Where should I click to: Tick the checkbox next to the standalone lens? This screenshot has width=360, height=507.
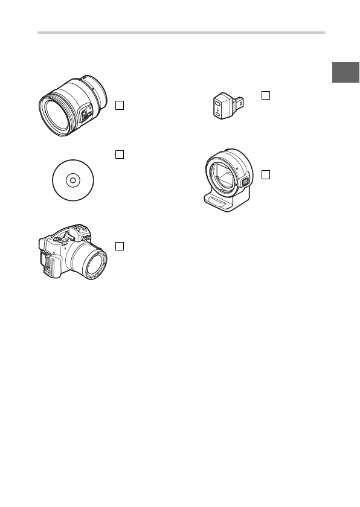click(x=120, y=106)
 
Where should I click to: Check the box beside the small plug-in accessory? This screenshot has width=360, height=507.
click(x=266, y=95)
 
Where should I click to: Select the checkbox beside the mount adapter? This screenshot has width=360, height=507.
click(x=266, y=174)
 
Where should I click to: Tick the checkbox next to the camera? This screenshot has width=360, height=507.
click(x=120, y=246)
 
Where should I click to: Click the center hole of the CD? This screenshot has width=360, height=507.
click(x=71, y=179)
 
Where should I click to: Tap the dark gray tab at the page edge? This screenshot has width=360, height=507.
click(x=346, y=73)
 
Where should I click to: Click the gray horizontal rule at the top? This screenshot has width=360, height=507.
click(x=181, y=33)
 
